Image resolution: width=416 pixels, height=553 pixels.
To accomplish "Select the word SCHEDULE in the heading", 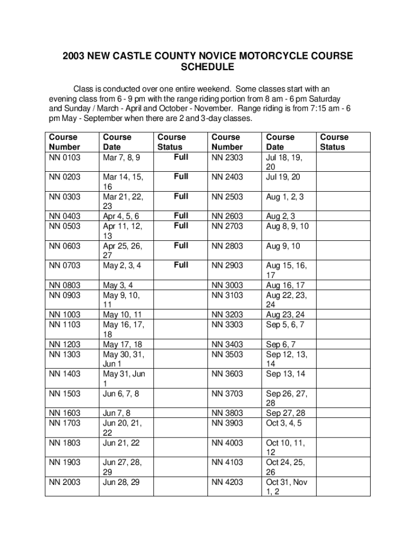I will (207, 67).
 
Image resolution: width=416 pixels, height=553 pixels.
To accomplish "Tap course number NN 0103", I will (64, 157).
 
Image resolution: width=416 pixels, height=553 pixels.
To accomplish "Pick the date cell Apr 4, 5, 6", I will (120, 216).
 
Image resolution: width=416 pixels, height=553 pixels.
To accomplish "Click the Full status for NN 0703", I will (181, 265).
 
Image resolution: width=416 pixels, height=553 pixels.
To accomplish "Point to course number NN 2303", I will (227, 157).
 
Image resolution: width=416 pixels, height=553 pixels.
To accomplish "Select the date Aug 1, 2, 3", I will (284, 197).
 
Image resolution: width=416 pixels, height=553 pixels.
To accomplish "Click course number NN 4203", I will (227, 482).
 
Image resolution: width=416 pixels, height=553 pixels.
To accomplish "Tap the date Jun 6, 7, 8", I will (120, 394).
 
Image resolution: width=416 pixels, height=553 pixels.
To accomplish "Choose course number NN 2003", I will (64, 482).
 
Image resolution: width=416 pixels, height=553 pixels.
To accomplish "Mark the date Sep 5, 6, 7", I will (285, 325).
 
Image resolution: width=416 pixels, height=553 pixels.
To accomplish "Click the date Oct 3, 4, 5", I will (284, 423).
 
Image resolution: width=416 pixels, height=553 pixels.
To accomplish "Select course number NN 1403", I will (64, 374).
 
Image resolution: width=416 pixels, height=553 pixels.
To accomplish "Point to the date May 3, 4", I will (118, 285).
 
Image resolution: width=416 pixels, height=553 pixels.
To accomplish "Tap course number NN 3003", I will (227, 285).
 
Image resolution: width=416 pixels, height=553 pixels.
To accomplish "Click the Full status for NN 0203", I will (181, 177).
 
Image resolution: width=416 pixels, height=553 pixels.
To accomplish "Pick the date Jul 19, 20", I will (283, 177).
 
